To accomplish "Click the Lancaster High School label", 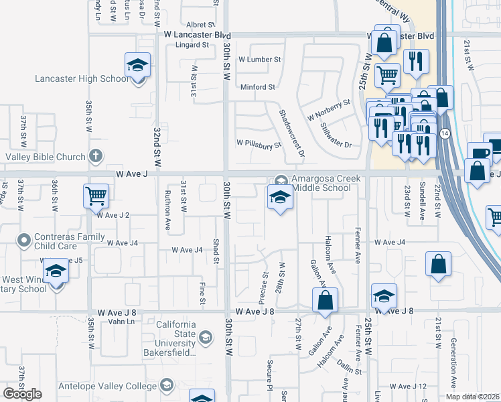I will pyautogui.click(x=82, y=79).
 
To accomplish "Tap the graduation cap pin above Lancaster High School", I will pyautogui.click(x=137, y=66).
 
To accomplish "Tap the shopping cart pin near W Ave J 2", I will pyautogui.click(x=96, y=196).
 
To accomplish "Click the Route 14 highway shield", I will pyautogui.click(x=445, y=133).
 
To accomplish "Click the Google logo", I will pyautogui.click(x=22, y=394).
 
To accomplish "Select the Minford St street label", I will pyautogui.click(x=258, y=87).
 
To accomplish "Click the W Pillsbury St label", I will pyautogui.click(x=258, y=143).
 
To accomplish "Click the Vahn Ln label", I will pyautogui.click(x=121, y=322).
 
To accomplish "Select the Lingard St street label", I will pyautogui.click(x=192, y=46).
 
